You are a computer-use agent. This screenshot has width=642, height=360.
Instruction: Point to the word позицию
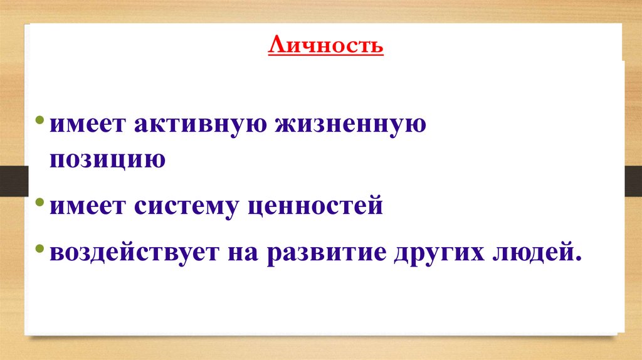tap(108, 159)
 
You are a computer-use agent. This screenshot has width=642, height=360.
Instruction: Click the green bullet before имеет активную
tap(40, 121)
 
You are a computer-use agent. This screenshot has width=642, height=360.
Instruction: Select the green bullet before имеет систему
tap(40, 203)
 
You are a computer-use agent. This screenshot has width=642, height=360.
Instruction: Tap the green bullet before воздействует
tap(40, 249)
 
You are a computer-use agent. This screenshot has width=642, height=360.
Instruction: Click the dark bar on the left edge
tap(12, 180)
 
